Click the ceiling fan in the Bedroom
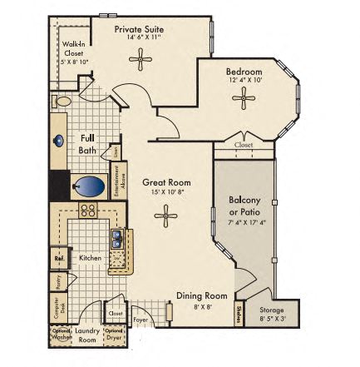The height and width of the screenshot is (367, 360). tap(244, 99)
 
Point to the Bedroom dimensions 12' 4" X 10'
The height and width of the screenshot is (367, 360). tap(244, 81)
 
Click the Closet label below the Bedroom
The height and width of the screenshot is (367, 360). tap(244, 144)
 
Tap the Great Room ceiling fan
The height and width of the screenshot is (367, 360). tap(166, 217)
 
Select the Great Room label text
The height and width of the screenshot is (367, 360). tap(166, 182)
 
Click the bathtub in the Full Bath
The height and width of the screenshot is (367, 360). tap(88, 185)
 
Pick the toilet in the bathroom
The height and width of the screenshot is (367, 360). tap(62, 102)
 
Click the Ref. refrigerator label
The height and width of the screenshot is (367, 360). tap(59, 258)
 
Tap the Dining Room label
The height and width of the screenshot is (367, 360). tap(201, 295)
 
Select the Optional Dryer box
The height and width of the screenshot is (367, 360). tap(114, 335)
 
